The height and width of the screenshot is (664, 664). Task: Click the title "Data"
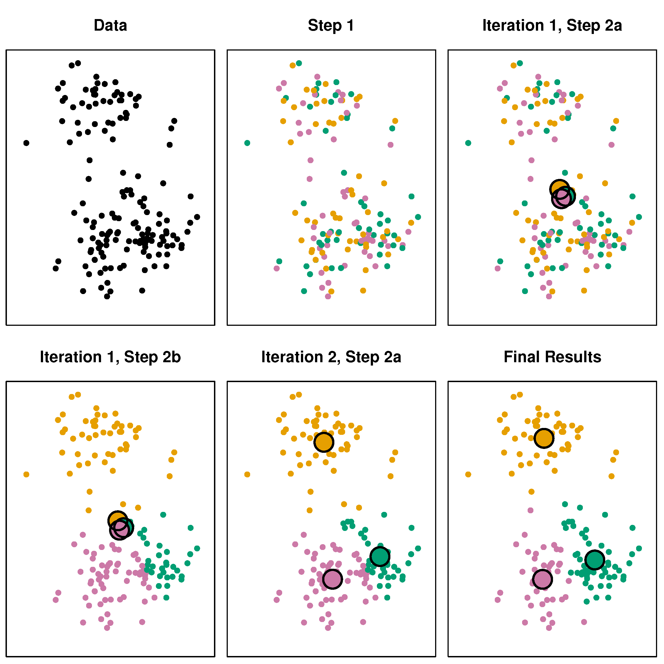click(110, 25)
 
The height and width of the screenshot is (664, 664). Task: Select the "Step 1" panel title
click(331, 25)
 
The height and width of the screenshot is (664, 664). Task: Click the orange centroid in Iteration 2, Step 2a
click(324, 442)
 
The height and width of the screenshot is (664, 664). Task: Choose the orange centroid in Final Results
click(544, 438)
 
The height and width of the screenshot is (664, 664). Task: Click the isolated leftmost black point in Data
click(26, 143)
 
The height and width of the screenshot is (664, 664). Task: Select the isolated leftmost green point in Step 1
click(247, 143)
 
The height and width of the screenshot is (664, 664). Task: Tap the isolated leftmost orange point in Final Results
click(468, 475)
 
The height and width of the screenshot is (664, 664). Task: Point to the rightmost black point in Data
click(197, 217)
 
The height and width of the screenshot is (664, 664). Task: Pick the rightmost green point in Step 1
click(418, 217)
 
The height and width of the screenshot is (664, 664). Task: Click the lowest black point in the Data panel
click(107, 296)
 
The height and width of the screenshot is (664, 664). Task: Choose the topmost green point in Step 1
click(299, 63)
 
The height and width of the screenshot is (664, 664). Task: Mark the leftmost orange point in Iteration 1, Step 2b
click(26, 475)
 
